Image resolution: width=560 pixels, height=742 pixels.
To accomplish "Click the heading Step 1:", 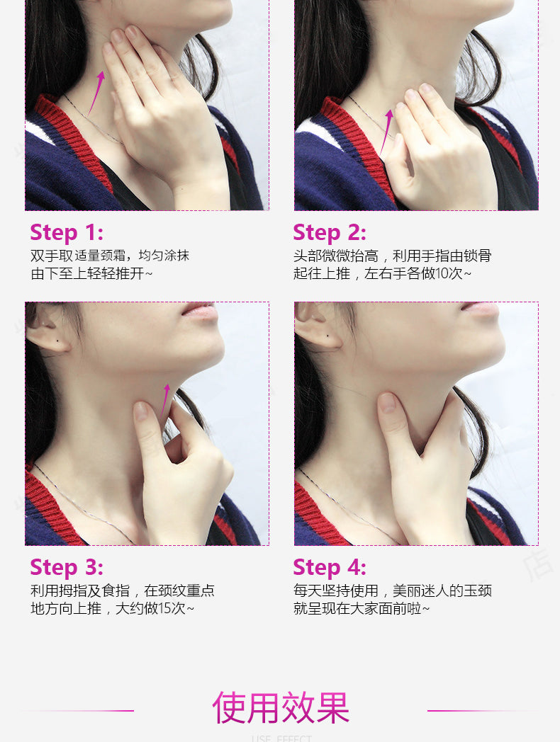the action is pyautogui.click(x=67, y=232).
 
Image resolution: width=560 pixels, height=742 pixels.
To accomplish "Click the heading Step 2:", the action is pyautogui.click(x=330, y=232).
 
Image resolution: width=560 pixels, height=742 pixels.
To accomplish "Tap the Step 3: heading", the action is pyautogui.click(x=67, y=567).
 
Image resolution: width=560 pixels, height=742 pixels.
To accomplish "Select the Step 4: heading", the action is pyautogui.click(x=330, y=567).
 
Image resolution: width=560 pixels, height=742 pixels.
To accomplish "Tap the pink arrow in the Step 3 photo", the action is pyautogui.click(x=165, y=399).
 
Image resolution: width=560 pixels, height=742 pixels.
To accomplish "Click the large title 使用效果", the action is pyautogui.click(x=281, y=708).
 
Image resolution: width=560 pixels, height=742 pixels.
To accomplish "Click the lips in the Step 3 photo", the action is pyautogui.click(x=199, y=310).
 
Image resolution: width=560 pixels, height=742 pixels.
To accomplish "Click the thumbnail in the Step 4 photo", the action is pyautogui.click(x=387, y=403).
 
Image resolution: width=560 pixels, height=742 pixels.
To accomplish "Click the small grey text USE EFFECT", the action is pyautogui.click(x=281, y=738).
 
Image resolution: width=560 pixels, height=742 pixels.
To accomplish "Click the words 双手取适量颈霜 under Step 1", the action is pyautogui.click(x=78, y=256).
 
